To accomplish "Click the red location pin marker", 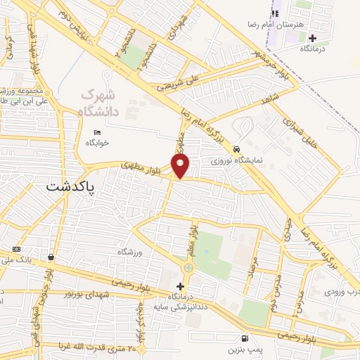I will point(181,165).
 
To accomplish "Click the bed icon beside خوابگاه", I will point(97,132).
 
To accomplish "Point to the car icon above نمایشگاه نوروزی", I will point(238,149).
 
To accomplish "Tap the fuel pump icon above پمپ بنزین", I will point(243,337).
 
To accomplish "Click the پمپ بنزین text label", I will point(243,349).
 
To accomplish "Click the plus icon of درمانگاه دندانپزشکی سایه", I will point(181,286).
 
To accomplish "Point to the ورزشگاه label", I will point(130,251).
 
